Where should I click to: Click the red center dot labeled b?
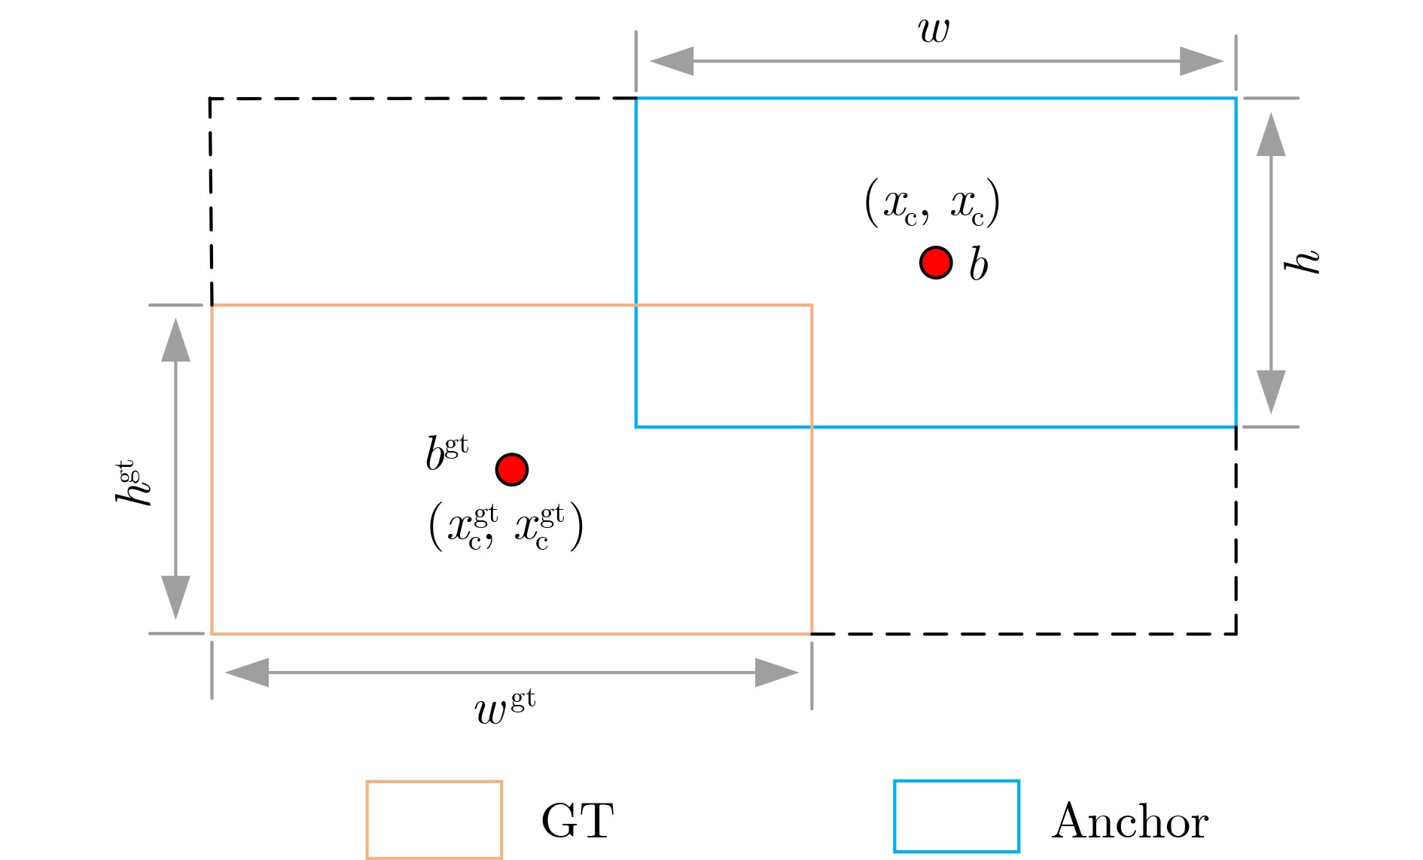click(x=936, y=263)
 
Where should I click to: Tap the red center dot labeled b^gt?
click(x=512, y=469)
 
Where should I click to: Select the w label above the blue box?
click(x=934, y=29)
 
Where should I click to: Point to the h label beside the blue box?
click(x=1303, y=261)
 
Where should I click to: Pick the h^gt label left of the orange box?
click(x=133, y=482)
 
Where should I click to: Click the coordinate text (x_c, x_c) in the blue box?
click(x=932, y=203)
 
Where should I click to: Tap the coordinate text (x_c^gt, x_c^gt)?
click(x=506, y=527)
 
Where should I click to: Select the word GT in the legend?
click(x=577, y=821)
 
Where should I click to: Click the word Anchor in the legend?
click(x=1130, y=821)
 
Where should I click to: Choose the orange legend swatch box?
click(x=434, y=820)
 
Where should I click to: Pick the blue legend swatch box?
click(x=956, y=816)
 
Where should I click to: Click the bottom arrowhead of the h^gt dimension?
click(x=175, y=597)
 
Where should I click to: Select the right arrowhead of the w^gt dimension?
click(x=776, y=672)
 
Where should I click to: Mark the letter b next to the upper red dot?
click(x=978, y=264)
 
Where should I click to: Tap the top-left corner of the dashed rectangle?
click(x=210, y=99)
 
